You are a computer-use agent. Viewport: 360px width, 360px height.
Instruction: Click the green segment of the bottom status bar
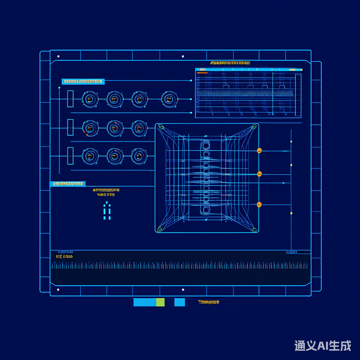[x=160, y=302]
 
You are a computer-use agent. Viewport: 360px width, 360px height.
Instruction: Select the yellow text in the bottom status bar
[x=208, y=302]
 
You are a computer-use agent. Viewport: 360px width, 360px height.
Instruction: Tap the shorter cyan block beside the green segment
[x=179, y=302]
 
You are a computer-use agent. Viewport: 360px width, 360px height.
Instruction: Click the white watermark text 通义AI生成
[x=322, y=345]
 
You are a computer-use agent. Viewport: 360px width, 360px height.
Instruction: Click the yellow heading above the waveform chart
[x=230, y=63]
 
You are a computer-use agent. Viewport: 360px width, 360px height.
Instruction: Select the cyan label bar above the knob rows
[x=83, y=82]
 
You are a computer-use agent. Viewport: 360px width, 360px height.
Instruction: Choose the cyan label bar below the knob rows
[x=67, y=184]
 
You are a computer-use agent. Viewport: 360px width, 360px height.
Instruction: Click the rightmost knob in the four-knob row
[x=169, y=99]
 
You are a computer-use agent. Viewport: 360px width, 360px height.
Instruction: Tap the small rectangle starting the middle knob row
[x=70, y=127]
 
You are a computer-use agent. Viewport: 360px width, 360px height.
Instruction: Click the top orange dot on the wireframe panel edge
[x=259, y=151]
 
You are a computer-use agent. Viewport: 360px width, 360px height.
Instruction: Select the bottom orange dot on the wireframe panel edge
[x=259, y=205]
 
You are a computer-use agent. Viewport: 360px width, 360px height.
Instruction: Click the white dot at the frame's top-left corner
[x=58, y=56]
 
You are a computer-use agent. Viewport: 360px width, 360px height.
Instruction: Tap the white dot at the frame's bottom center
[x=183, y=290]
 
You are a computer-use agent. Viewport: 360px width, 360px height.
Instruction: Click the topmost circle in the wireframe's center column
[x=206, y=145]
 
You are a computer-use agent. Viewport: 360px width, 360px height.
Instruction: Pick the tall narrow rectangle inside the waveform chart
[x=298, y=95]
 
